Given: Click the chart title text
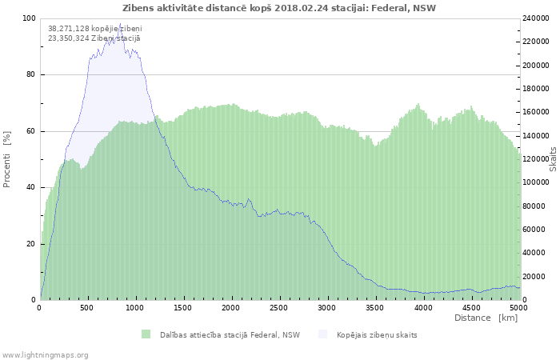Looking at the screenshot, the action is [279, 8].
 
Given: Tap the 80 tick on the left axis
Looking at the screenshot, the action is [31, 74].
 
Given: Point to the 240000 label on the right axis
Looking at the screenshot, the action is [535, 18].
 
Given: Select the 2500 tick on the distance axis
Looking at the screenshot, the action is [278, 308].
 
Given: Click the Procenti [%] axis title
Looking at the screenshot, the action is [7, 159].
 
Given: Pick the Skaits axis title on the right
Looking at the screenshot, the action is [553, 159].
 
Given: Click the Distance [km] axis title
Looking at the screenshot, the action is [486, 318].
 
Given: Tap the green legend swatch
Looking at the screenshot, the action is [146, 334].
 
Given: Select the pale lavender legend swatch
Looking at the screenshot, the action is [323, 334].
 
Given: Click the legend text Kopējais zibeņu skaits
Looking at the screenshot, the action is [377, 335].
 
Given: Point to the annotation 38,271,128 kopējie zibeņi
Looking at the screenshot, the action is [95, 29].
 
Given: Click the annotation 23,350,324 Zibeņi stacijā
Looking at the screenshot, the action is [94, 38].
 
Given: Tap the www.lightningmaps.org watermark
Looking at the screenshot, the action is [44, 355].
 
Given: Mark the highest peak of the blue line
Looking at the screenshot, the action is [120, 23].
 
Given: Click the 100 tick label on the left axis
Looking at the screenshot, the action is [30, 18].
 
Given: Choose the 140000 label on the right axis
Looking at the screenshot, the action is [535, 136].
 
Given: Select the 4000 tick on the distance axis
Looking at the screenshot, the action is [423, 308].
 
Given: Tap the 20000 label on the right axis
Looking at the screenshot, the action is [537, 277].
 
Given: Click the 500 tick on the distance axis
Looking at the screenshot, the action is [87, 308].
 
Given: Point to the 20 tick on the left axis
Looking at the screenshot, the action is [31, 244].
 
